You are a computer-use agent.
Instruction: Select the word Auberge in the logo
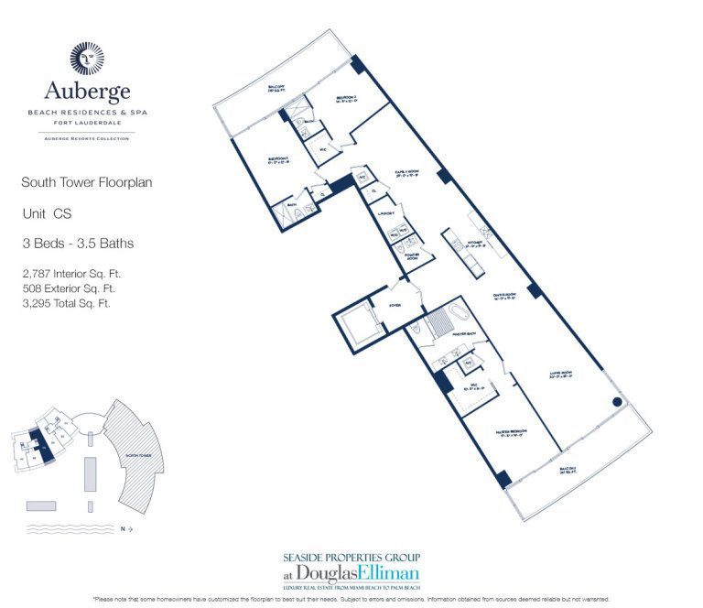point(87,92)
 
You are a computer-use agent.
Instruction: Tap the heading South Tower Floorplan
point(86,182)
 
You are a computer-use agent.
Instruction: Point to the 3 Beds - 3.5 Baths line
point(78,243)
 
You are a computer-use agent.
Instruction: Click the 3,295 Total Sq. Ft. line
point(66,303)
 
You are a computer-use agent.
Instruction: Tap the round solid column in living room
point(616,400)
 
